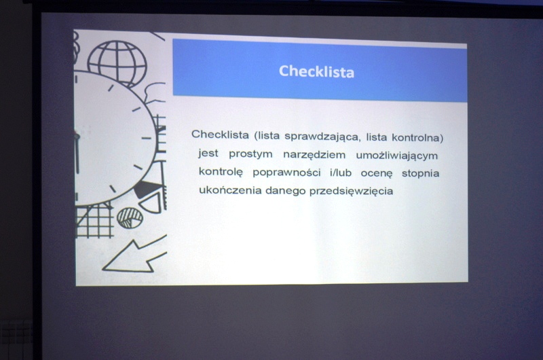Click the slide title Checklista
316,71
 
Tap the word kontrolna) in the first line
417,138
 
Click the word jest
208,153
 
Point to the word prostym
250,154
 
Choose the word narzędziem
314,155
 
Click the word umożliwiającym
397,156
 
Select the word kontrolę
221,172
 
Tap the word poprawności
286,173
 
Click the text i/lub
341,173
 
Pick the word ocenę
377,173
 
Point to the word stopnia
420,173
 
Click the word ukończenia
230,190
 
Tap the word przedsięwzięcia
351,192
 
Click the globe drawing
117,64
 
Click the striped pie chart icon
130,218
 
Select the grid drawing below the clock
94,220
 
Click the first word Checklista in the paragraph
220,134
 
